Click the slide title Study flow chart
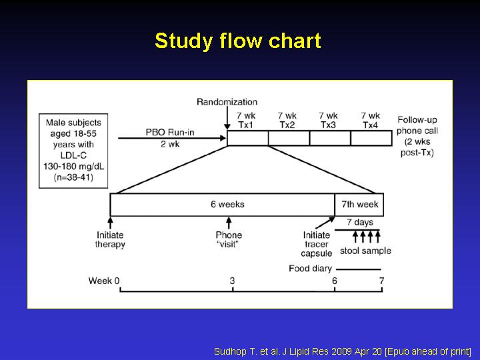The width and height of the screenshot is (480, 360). point(238,41)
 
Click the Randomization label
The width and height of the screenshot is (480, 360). point(227,102)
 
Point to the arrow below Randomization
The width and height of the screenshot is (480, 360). point(227,118)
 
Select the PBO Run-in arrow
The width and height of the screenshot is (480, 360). point(172,139)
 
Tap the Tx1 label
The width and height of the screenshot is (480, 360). point(246,125)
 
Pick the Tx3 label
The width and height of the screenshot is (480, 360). point(328,125)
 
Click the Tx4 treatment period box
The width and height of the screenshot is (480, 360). point(371,138)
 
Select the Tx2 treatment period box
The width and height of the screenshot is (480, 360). point(289,138)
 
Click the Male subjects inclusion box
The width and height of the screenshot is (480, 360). point(73,151)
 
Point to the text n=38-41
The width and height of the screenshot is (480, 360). point(73,177)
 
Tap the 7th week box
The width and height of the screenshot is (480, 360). point(359,205)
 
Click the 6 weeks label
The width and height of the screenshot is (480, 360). point(227,204)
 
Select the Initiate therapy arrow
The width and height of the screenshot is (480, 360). point(110,223)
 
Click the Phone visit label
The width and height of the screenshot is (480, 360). point(229,240)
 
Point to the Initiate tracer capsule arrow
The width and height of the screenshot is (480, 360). point(325,223)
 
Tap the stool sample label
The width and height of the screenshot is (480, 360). point(365,251)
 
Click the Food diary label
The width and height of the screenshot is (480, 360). point(311,269)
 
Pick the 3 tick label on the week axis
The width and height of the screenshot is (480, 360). point(233,281)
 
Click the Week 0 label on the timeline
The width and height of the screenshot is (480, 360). point(104,281)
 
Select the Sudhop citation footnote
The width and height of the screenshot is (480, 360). point(343,351)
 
